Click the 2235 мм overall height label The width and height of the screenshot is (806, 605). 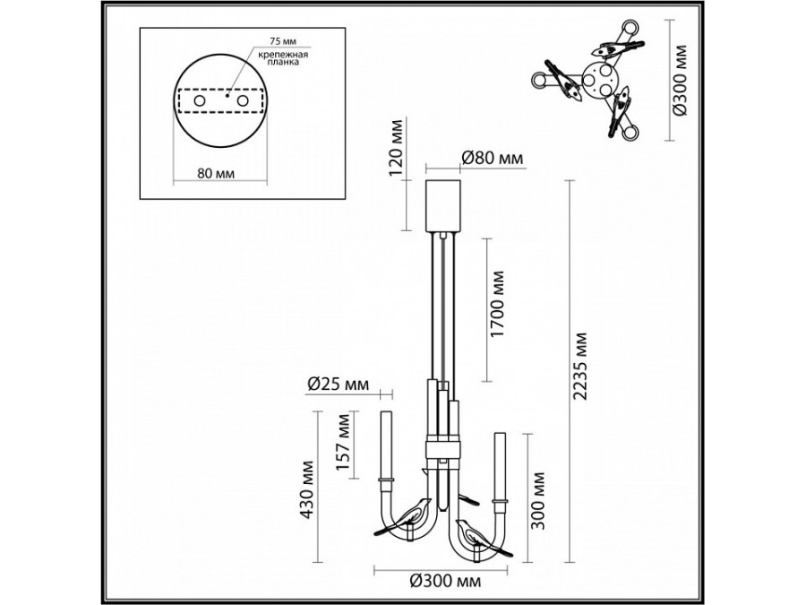click(x=580, y=367)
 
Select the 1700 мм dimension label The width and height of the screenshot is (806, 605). click(x=497, y=304)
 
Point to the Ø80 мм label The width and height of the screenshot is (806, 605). click(x=492, y=159)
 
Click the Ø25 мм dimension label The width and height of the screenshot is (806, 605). click(x=338, y=384)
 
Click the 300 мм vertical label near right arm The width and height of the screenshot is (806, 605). click(x=537, y=500)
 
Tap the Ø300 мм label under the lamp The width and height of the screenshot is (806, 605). click(x=446, y=582)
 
